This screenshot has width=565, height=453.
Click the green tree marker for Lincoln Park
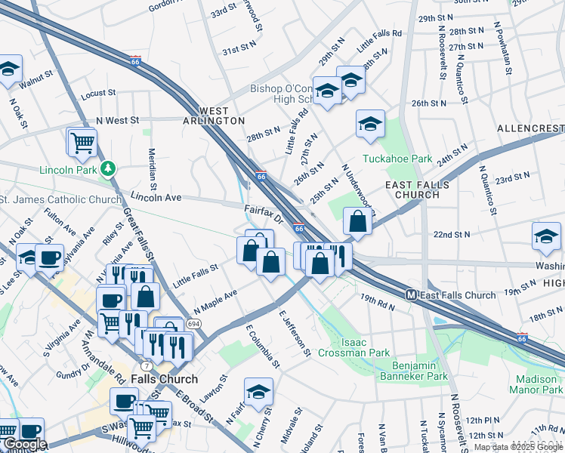(x=109, y=168)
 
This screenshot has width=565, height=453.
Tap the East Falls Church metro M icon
(x=412, y=294)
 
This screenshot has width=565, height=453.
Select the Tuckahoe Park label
(x=397, y=159)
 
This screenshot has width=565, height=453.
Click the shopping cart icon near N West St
(x=82, y=140)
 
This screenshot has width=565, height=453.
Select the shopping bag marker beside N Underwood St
(x=358, y=221)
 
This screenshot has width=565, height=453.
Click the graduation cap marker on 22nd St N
(x=546, y=236)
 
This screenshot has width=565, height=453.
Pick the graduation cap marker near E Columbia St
(x=258, y=391)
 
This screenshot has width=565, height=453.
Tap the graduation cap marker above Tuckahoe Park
(x=370, y=124)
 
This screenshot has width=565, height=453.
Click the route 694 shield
(x=194, y=323)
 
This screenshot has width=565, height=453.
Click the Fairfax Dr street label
(x=263, y=214)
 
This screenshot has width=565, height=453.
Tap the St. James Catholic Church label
(x=60, y=199)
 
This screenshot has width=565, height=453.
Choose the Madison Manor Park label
(x=539, y=384)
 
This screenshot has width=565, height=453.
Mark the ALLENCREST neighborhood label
(x=530, y=129)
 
